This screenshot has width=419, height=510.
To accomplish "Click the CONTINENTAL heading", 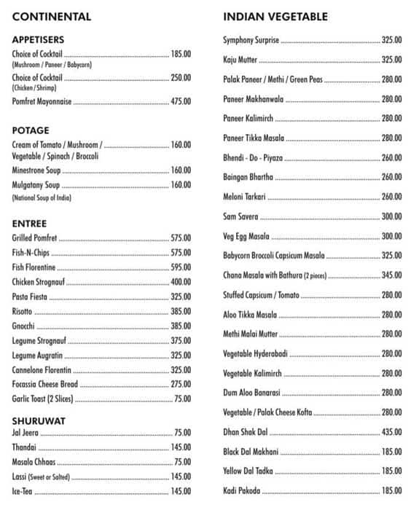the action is click(51, 16).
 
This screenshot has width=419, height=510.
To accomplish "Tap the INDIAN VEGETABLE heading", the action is click(275, 16).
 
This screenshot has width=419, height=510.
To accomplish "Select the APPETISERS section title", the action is click(38, 39).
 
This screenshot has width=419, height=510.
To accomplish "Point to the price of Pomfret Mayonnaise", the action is click(181, 102).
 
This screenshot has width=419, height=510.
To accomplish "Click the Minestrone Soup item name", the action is click(36, 170).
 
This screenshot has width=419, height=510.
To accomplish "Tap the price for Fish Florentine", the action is click(181, 267).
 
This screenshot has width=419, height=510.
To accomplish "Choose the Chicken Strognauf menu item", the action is click(41, 282).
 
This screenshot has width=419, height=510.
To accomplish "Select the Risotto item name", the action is click(22, 311).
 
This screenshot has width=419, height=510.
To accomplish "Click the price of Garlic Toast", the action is click(183, 399).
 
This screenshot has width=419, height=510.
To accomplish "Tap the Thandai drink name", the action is click(23, 447).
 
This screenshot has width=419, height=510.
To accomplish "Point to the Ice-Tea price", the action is click(181, 491).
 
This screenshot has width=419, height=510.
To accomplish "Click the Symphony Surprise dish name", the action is click(251, 40).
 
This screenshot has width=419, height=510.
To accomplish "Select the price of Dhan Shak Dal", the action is click(392, 432).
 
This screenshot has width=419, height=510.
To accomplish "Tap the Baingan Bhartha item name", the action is click(248, 177).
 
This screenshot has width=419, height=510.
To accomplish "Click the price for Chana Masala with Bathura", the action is click(392, 275).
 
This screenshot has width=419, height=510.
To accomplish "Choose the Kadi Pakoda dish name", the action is click(241, 491).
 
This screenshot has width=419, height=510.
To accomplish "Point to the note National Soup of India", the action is click(42, 198).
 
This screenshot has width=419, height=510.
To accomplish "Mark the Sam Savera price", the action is click(392, 216).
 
